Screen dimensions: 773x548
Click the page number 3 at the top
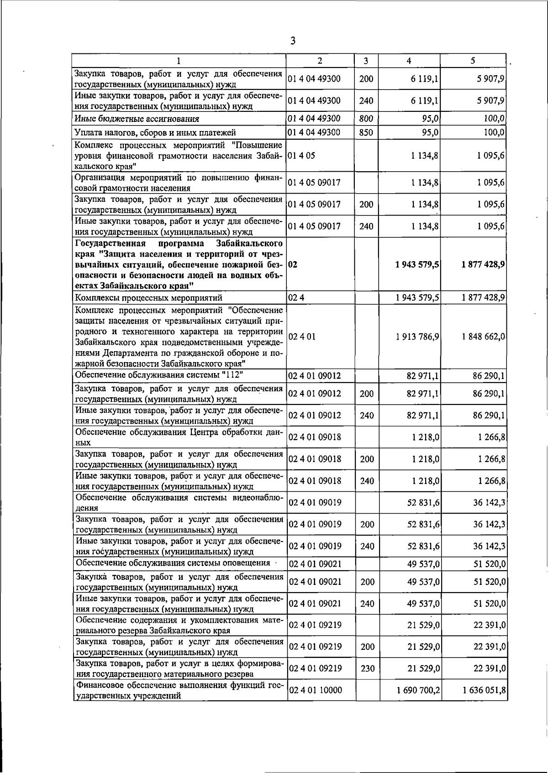tap(293, 42)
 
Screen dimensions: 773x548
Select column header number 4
tap(409, 60)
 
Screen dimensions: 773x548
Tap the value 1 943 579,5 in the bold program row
tap(417, 264)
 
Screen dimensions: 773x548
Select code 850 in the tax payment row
tap(366, 133)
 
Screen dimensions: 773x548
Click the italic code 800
tap(366, 119)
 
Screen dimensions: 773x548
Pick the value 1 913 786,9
tap(418, 337)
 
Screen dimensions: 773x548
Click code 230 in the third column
tap(367, 668)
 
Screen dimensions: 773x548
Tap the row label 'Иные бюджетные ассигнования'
tap(137, 119)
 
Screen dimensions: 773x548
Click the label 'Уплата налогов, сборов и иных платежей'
tap(155, 133)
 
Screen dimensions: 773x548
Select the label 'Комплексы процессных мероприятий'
tap(148, 298)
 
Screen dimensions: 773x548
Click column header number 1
tap(179, 60)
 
